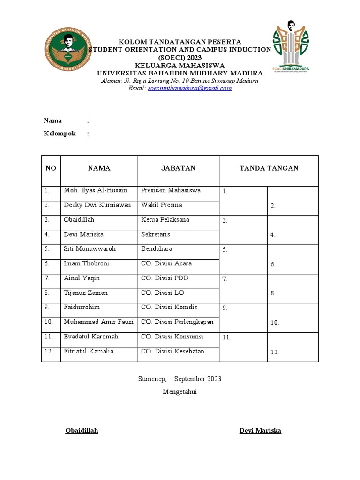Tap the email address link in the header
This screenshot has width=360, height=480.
pyautogui.click(x=189, y=88)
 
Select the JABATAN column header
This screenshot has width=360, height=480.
pyautogui.click(x=178, y=168)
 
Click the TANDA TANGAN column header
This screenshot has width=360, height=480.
pyautogui.click(x=269, y=168)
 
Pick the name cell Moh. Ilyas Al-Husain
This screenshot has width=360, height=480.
pyautogui.click(x=96, y=190)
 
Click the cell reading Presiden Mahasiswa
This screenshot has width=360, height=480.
pyautogui.click(x=171, y=190)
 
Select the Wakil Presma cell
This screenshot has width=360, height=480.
pyautogui.click(x=161, y=205)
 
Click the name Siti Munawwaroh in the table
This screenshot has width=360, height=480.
pyautogui.click(x=90, y=248)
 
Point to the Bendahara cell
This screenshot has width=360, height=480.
pyautogui.click(x=157, y=248)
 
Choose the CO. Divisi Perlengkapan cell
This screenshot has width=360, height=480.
pyautogui.click(x=177, y=322)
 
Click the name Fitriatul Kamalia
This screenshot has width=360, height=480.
pyautogui.click(x=89, y=351)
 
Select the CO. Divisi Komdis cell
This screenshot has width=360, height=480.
pyautogui.click(x=169, y=307)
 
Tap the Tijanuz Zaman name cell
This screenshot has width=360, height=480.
pyautogui.click(x=86, y=292)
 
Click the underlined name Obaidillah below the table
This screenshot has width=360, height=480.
pyautogui.click(x=82, y=430)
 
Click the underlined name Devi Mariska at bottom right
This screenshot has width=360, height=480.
pyautogui.click(x=260, y=430)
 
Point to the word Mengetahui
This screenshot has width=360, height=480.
pyautogui.click(x=180, y=392)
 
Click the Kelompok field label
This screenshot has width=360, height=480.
pyautogui.click(x=60, y=134)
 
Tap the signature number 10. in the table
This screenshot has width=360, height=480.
pyautogui.click(x=275, y=322)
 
